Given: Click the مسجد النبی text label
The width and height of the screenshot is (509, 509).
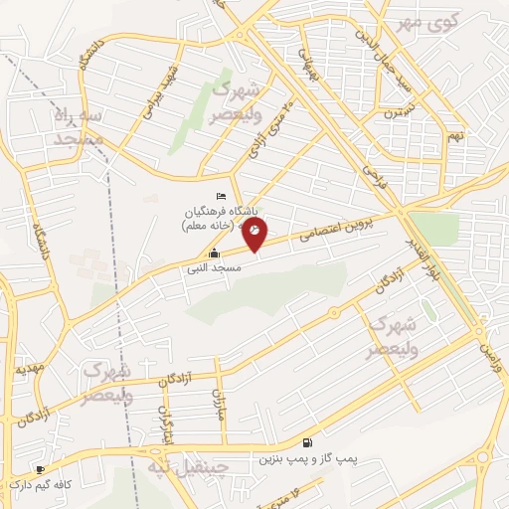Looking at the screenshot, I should pyautogui.click(x=201, y=267).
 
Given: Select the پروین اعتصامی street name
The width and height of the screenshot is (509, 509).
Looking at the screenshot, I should pyautogui.click(x=338, y=232).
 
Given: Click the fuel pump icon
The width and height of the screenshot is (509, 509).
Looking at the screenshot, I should pyautogui.click(x=306, y=442).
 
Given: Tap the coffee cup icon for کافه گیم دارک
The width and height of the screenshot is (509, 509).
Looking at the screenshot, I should pyautogui.click(x=40, y=469).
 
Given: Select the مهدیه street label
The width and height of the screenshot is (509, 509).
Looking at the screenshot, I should pyautogui.click(x=28, y=368).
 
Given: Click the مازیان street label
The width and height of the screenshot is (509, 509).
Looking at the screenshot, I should pyautogui.click(x=220, y=404).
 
